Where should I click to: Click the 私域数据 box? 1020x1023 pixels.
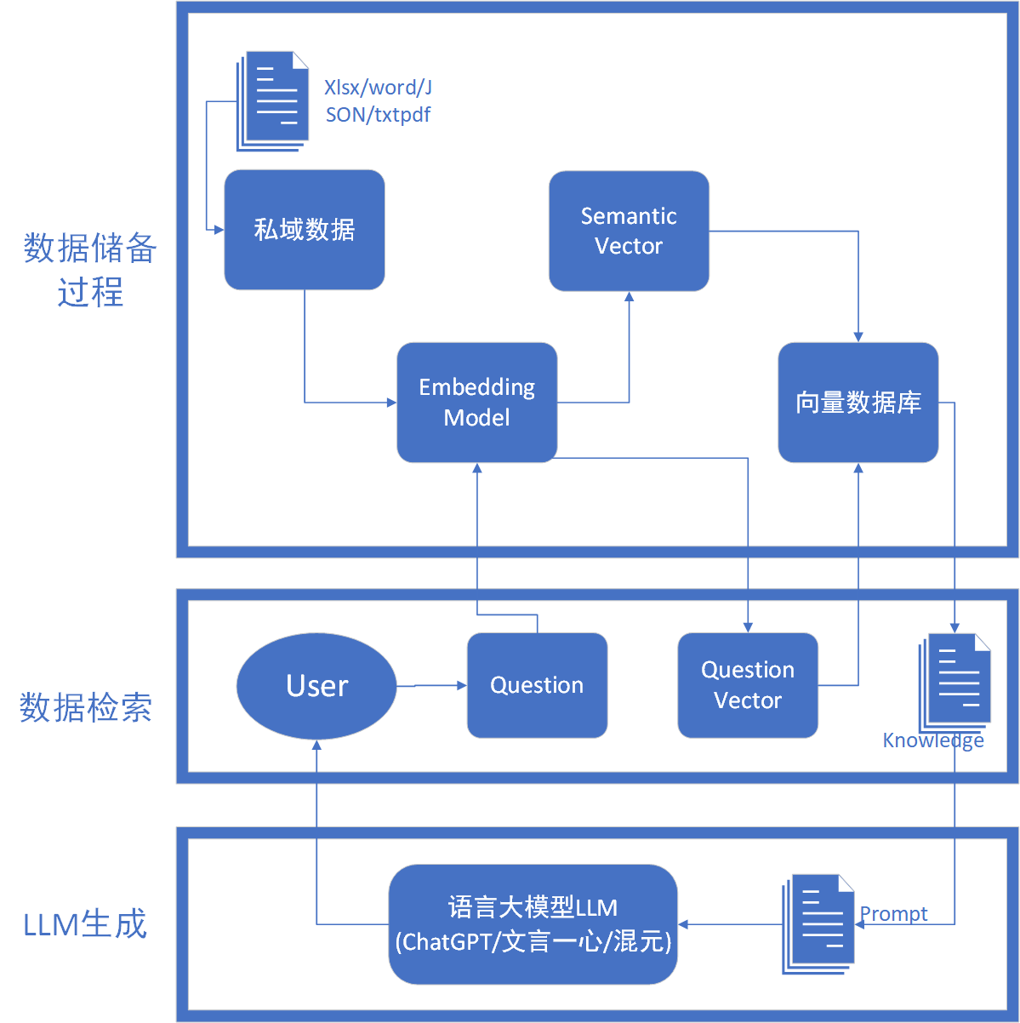coord(304,229)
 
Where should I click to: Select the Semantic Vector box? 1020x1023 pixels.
coord(629,231)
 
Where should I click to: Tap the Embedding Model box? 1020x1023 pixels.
coord(476,402)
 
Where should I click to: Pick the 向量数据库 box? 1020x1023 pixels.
coord(858,402)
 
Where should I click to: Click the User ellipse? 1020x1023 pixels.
coord(316,685)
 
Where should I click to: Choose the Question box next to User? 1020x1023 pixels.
coord(537,685)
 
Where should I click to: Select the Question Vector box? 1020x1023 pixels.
coord(747,685)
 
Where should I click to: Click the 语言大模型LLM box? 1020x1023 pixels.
coord(533,923)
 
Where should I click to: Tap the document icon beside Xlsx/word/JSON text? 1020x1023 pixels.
coord(272,101)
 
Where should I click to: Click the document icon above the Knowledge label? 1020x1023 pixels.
coord(954,683)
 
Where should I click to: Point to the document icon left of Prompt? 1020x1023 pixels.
coord(818,923)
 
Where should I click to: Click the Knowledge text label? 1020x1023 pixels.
coord(933,740)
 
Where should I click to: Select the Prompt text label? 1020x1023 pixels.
coord(894,914)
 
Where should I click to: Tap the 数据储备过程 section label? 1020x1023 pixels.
coord(89,270)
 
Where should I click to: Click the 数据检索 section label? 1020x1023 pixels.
coord(85,707)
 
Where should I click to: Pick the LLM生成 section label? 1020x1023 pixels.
coord(85,924)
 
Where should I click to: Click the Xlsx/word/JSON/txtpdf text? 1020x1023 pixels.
coord(378,101)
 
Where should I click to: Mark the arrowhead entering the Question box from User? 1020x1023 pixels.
coord(462,685)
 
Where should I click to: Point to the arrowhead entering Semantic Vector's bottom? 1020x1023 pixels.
coord(629,296)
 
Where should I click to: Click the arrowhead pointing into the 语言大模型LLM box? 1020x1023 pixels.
coord(683,924)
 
